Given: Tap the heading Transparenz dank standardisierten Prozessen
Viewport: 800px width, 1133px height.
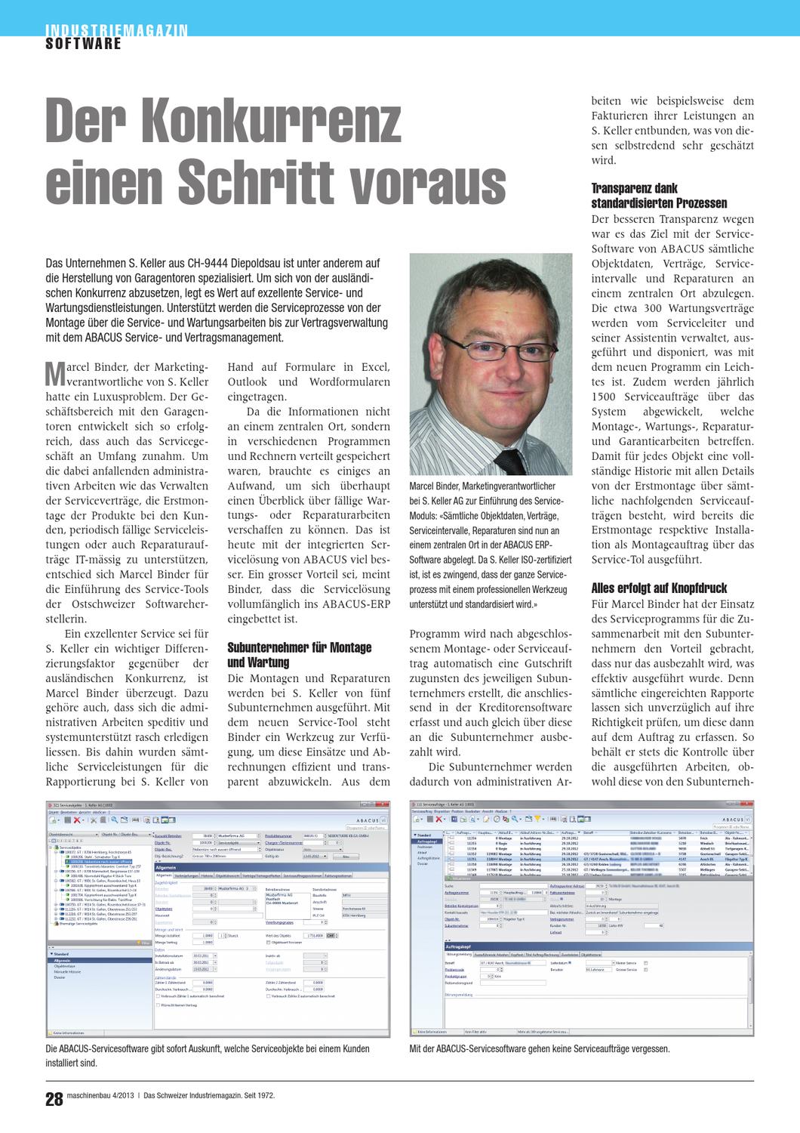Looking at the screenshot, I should click(659, 196).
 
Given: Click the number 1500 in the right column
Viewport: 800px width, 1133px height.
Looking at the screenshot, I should click(608, 396).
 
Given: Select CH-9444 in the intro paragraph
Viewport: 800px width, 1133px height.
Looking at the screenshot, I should click(215, 263).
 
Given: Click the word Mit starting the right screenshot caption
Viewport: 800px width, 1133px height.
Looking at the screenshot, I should click(416, 1049).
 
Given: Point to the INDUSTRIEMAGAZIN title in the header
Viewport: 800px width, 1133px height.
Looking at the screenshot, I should click(117, 30).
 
